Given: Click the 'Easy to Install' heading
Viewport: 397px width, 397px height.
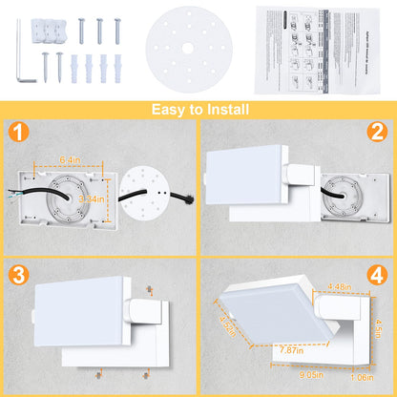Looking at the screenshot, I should coord(198,109).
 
